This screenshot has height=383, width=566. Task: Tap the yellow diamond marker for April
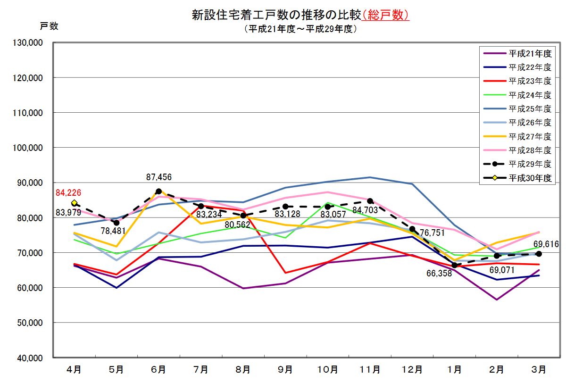tap(74, 203)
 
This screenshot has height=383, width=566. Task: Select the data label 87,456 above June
tap(158, 177)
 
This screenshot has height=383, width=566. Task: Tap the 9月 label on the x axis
tap(285, 369)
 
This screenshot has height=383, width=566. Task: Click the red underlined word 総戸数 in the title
tap(385, 15)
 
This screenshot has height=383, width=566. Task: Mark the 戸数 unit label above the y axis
tap(49, 26)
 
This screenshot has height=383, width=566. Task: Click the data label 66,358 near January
tap(436, 273)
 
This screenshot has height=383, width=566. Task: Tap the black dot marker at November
tap(370, 201)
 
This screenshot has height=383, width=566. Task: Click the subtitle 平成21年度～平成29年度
tap(300, 29)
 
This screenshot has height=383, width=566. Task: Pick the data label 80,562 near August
tap(237, 225)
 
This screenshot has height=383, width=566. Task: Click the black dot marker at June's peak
tap(158, 191)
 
